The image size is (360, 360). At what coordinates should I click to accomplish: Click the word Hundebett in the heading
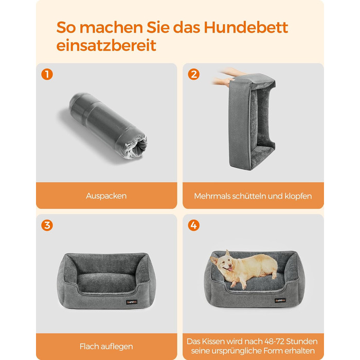pyautogui.click(x=246, y=27)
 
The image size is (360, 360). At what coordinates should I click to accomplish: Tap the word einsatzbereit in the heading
pyautogui.click(x=106, y=45)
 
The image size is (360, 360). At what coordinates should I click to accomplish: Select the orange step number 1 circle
pyautogui.click(x=47, y=75)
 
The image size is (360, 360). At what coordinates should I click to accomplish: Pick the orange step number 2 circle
pyautogui.click(x=193, y=75)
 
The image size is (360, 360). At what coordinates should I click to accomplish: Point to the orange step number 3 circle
pyautogui.click(x=47, y=225)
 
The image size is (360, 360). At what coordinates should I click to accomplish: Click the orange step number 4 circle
pyautogui.click(x=193, y=225)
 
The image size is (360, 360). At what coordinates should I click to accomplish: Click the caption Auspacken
pyautogui.click(x=106, y=196)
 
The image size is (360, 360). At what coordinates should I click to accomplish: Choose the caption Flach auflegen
pyautogui.click(x=106, y=346)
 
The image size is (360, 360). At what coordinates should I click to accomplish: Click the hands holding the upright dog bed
pyautogui.click(x=224, y=77)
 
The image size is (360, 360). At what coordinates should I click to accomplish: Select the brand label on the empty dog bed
pyautogui.click(x=132, y=302)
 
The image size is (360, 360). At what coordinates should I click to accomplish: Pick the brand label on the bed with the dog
pyautogui.click(x=280, y=300)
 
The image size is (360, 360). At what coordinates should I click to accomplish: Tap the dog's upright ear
pyautogui.click(x=227, y=253)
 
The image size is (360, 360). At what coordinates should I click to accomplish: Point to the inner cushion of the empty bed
pyautogui.click(x=106, y=282)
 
